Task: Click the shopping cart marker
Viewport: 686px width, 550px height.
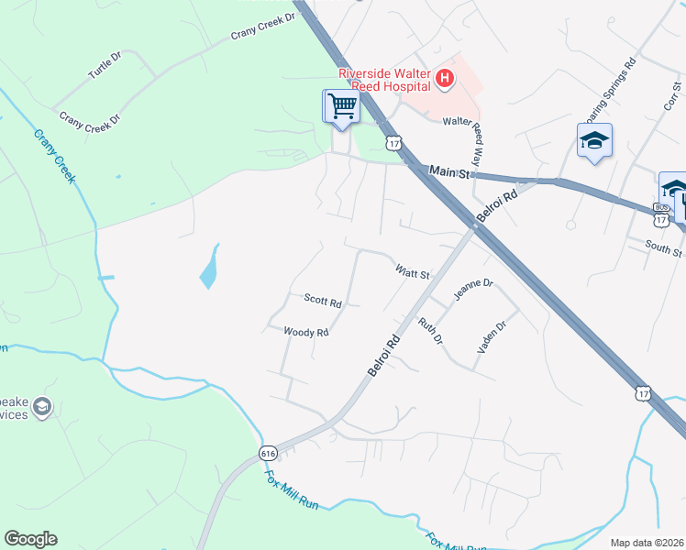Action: pyautogui.click(x=341, y=106)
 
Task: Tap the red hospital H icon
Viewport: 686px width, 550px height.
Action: pyautogui.click(x=445, y=79)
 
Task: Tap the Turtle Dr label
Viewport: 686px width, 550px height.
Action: pyautogui.click(x=104, y=69)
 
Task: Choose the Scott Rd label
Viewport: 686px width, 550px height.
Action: pyautogui.click(x=323, y=300)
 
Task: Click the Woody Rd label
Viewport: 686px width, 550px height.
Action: pyautogui.click(x=305, y=332)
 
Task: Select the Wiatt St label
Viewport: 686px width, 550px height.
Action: pyautogui.click(x=413, y=272)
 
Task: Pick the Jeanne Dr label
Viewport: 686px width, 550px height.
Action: pyautogui.click(x=473, y=290)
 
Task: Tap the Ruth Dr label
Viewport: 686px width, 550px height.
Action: pyautogui.click(x=430, y=331)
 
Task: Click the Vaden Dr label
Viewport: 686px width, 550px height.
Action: pyautogui.click(x=492, y=337)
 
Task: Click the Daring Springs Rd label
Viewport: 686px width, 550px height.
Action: pyautogui.click(x=609, y=93)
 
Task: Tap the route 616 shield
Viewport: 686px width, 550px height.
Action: pyautogui.click(x=268, y=453)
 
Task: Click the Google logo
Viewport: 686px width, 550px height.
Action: pyautogui.click(x=30, y=539)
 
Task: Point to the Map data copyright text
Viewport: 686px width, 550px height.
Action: pyautogui.click(x=647, y=543)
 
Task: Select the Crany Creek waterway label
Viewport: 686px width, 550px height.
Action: pyautogui.click(x=54, y=156)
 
